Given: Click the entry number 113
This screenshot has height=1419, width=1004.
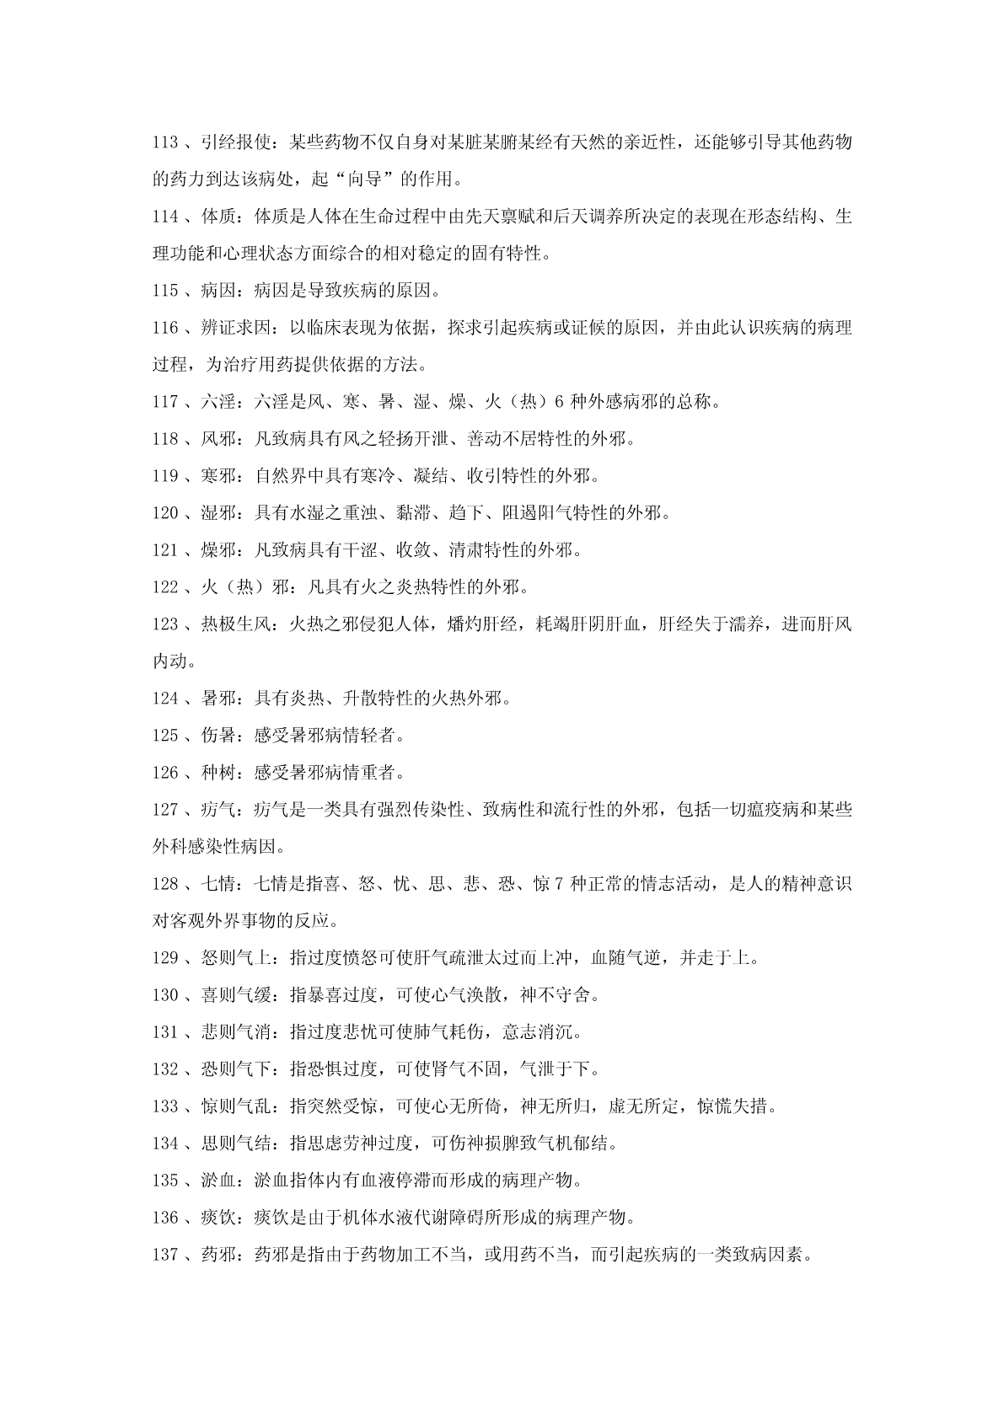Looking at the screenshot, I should click(x=165, y=142).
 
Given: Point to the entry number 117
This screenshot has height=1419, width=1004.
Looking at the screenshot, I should click(x=165, y=402).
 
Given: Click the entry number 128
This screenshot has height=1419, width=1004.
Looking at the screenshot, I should click(x=165, y=884).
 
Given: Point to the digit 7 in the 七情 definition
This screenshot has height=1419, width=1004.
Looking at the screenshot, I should click(x=560, y=884).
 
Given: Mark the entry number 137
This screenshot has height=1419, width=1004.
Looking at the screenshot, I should click(x=165, y=1255).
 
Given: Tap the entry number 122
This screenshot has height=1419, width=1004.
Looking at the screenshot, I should click(x=165, y=587).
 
